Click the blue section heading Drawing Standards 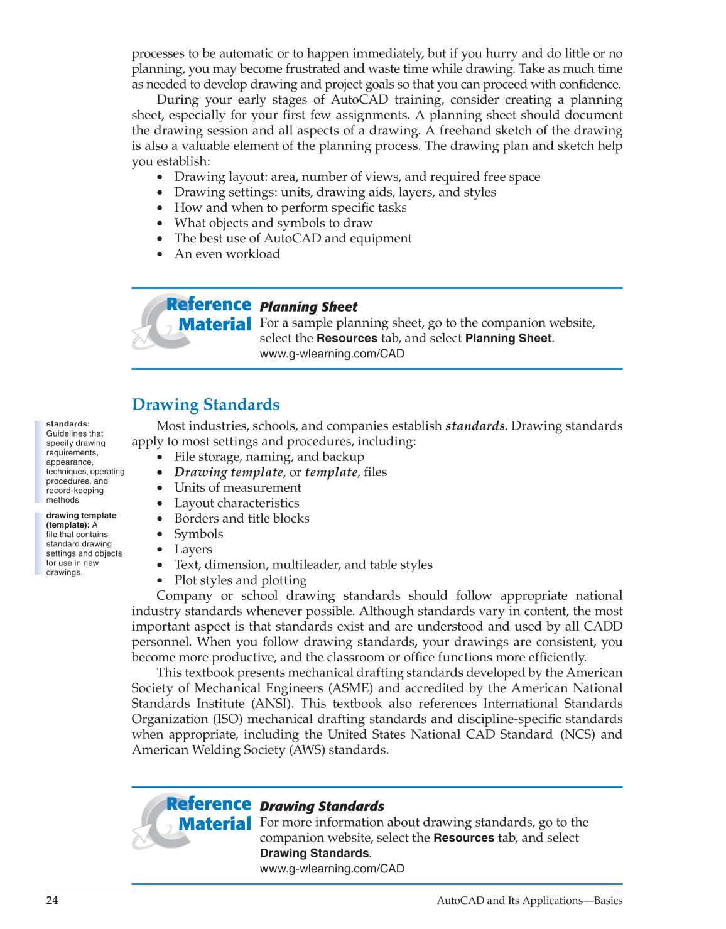(205, 405)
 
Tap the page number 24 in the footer (52, 901)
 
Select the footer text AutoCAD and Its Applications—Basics (529, 901)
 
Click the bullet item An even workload (227, 254)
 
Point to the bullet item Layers (193, 550)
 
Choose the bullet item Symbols (198, 534)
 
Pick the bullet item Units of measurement (237, 488)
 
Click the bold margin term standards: (68, 424)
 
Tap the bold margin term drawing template (81, 516)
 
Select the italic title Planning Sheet (308, 307)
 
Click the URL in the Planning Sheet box (332, 354)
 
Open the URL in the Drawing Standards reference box (332, 869)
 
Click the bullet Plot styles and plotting (241, 580)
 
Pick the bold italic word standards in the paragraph (474, 426)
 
